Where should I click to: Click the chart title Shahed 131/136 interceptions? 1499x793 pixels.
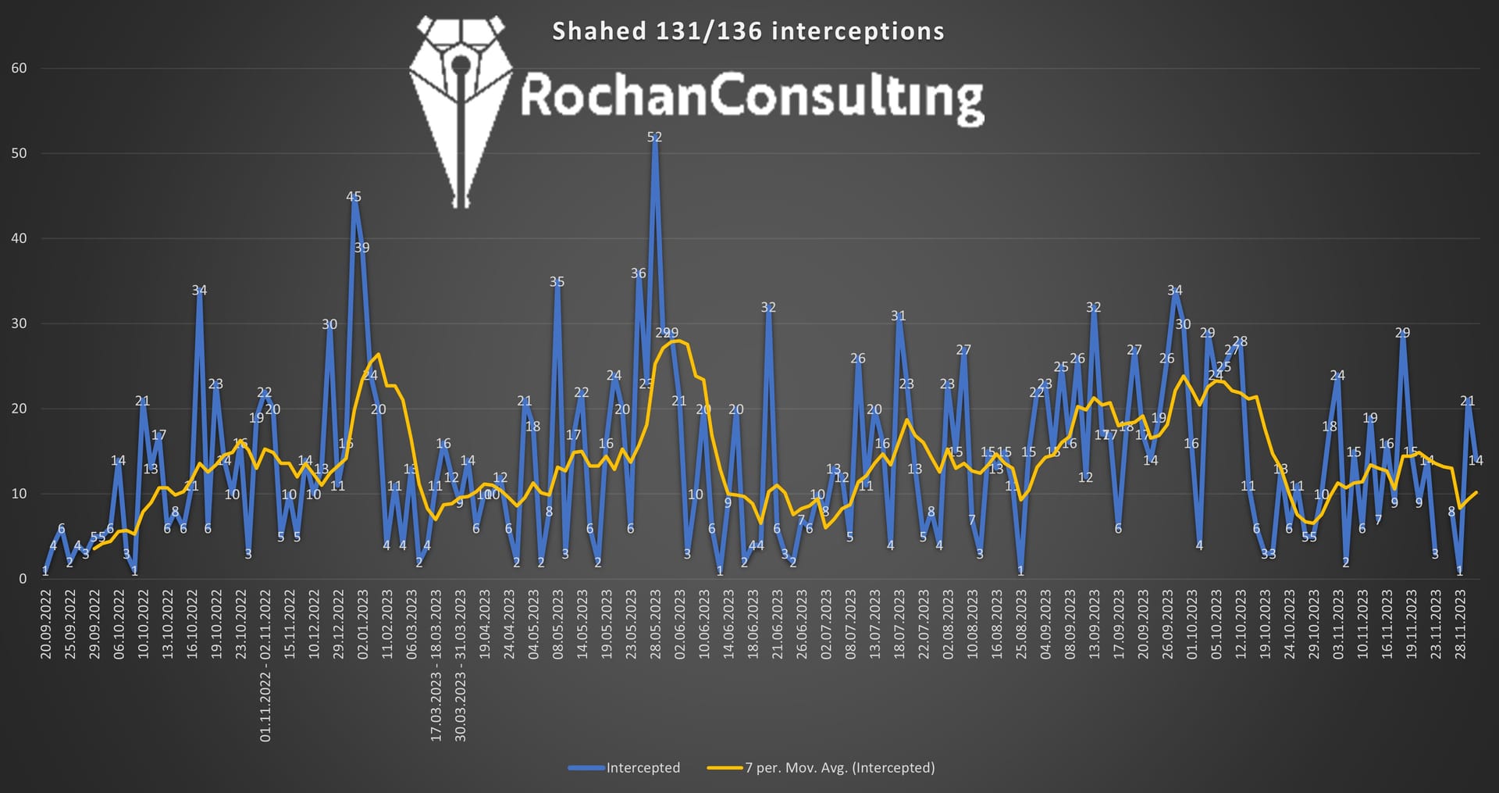coord(748,31)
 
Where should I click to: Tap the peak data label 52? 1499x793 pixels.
coord(654,137)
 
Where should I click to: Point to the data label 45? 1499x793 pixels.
coord(354,197)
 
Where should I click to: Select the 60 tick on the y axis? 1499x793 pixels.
coord(19,68)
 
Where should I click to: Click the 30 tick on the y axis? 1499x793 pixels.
coord(19,323)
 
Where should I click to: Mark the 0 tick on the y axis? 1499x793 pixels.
coord(23,579)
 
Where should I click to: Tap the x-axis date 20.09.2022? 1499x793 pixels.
coord(46,625)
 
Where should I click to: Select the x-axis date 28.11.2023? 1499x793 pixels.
coord(1460,625)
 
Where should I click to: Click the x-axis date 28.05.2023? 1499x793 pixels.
coord(655,625)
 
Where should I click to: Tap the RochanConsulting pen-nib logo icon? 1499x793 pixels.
coord(461,109)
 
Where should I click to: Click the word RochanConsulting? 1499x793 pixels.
coord(751,98)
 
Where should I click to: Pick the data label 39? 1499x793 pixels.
coord(361,248)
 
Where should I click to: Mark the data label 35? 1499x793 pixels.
coord(557,282)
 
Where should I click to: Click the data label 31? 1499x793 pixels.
coord(899,316)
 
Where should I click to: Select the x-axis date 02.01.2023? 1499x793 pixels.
coord(363,625)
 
